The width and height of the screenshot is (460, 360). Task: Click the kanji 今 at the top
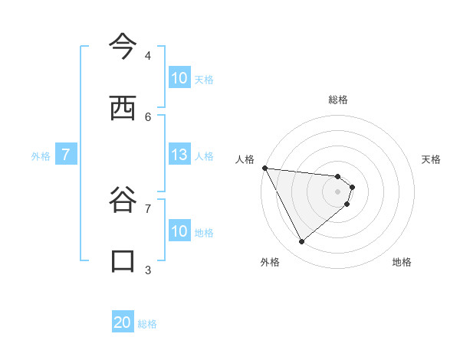point(122,47)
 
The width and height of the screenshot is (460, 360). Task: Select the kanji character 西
point(122,108)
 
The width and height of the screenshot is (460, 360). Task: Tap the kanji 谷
point(122,201)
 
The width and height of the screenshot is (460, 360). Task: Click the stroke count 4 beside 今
point(148,55)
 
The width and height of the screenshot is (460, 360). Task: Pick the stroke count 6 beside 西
point(148,116)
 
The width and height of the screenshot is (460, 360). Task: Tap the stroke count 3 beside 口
point(148,270)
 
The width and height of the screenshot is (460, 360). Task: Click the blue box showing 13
point(179,155)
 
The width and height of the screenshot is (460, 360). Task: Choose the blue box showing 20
point(123,323)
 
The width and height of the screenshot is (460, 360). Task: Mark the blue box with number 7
point(66,155)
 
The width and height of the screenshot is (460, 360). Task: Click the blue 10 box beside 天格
point(179,78)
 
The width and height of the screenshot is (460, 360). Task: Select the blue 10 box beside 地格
point(179,231)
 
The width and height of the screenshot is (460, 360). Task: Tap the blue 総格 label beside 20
point(147,324)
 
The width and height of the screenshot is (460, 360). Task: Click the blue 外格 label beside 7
point(41,155)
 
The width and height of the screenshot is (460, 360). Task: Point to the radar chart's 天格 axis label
point(432,159)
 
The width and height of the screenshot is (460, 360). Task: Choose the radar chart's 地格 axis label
point(402,262)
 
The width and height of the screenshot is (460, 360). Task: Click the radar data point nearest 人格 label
point(264,168)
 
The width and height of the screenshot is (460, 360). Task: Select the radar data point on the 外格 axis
point(301,241)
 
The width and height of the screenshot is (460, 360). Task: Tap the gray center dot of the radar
point(337,191)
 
